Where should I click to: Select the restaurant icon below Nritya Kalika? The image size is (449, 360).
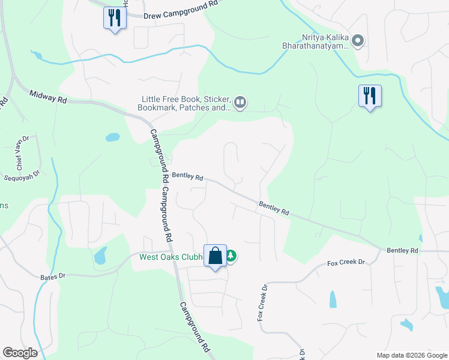(x=369, y=95)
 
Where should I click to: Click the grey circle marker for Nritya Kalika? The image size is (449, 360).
(x=358, y=41)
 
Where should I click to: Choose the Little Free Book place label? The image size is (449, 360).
(x=186, y=103)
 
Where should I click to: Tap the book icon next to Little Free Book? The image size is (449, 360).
(x=240, y=103)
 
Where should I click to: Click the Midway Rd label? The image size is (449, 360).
(x=47, y=97)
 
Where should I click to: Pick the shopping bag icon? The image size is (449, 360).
(x=215, y=256)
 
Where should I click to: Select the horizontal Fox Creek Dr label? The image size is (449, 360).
(x=346, y=263)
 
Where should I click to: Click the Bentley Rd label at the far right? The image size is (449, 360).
(x=402, y=250)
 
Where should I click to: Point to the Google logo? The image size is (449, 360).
(x=20, y=353)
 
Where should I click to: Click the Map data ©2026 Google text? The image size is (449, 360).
(x=411, y=355)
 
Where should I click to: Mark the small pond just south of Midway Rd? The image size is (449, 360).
(x=113, y=137)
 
